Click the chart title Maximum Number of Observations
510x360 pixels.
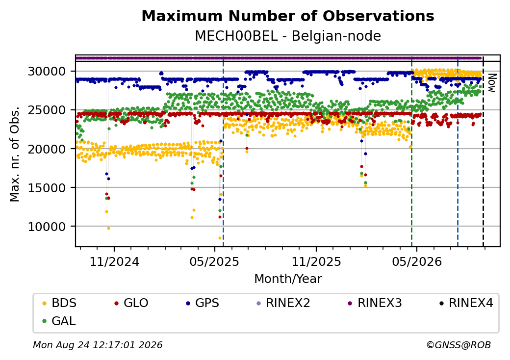coord(288,16)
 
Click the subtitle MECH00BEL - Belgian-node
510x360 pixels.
coord(288,36)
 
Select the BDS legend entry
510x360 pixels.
coord(60,303)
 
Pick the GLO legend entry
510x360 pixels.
coord(131,303)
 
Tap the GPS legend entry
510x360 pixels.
coord(203,303)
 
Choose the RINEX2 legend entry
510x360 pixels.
coord(283,303)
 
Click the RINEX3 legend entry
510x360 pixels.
coord(375,303)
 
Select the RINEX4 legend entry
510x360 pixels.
coord(466,303)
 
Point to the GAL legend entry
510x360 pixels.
coord(59,321)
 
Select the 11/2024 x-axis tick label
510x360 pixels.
coord(114,262)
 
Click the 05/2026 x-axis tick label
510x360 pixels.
coord(417,262)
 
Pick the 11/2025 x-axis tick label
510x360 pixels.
coord(316,262)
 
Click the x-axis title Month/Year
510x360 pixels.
coord(288,279)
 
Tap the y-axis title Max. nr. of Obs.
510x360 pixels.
coord(15,154)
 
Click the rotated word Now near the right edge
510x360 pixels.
coord(492,83)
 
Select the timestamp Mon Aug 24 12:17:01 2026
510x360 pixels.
coord(98,345)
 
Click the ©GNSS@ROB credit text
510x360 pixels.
coord(459,345)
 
